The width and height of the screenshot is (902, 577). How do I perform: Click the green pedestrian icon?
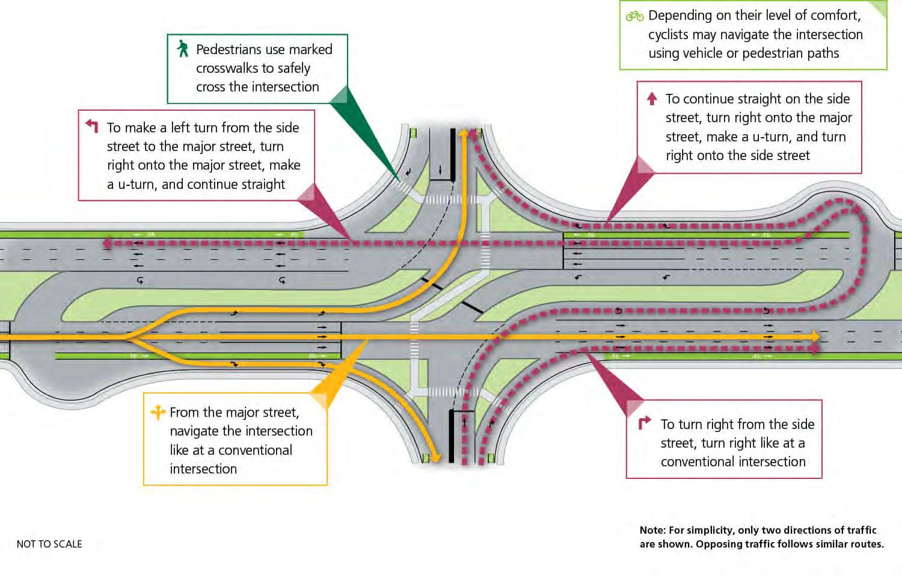(x=182, y=49)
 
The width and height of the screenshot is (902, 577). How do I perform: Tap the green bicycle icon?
(x=634, y=16)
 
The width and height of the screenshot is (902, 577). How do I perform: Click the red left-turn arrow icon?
(x=91, y=126)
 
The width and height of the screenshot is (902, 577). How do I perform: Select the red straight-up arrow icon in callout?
(x=652, y=99)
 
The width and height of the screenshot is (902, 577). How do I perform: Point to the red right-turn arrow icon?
(x=644, y=423)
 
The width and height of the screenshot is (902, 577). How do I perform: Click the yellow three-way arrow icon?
(x=158, y=412)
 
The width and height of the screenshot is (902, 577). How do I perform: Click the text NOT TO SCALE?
(x=49, y=544)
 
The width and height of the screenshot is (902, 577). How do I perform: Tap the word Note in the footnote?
(x=652, y=530)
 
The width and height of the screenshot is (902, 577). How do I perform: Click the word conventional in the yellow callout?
(x=255, y=450)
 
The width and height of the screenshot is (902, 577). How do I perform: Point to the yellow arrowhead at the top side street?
(x=463, y=132)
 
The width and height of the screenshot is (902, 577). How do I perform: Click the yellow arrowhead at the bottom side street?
(x=435, y=458)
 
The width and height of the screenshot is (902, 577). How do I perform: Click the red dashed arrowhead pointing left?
(x=107, y=243)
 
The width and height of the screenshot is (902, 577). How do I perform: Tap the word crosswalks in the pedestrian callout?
(x=230, y=68)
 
